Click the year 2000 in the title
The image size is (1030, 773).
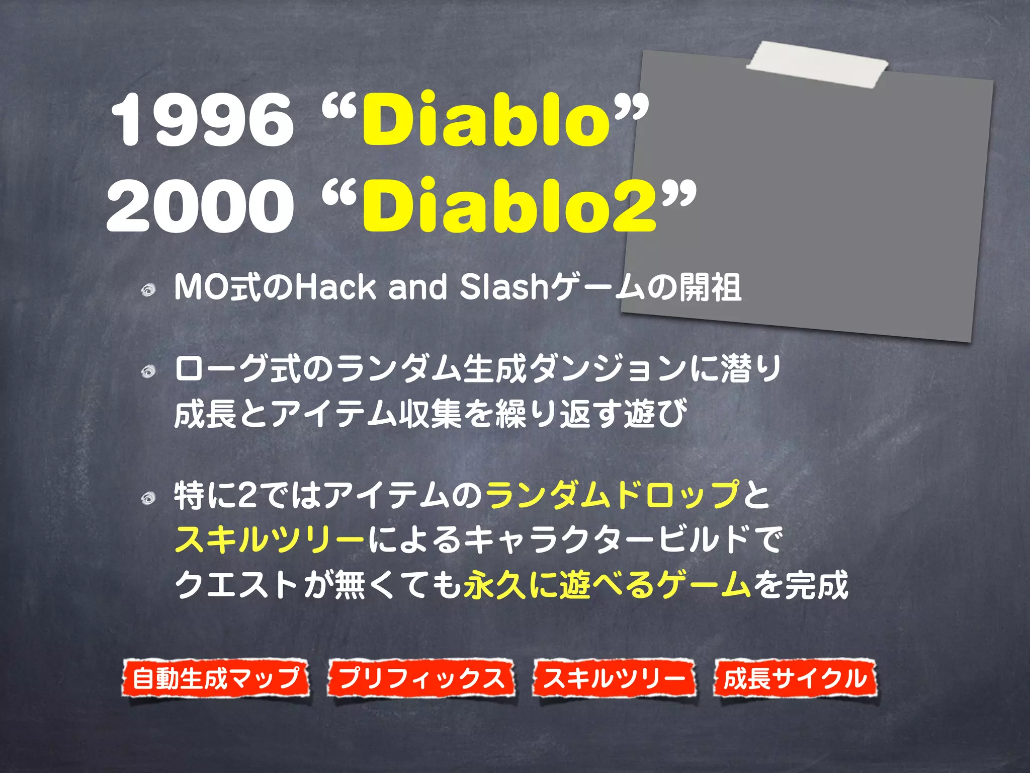click(200, 206)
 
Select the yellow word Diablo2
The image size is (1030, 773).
click(509, 206)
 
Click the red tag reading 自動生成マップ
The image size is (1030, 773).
click(216, 678)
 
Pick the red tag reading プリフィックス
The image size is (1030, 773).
click(421, 678)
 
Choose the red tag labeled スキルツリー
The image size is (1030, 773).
click(614, 678)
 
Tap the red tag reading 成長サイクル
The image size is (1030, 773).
click(795, 678)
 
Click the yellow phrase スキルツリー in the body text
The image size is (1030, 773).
click(270, 539)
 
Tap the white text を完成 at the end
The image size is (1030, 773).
click(800, 585)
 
